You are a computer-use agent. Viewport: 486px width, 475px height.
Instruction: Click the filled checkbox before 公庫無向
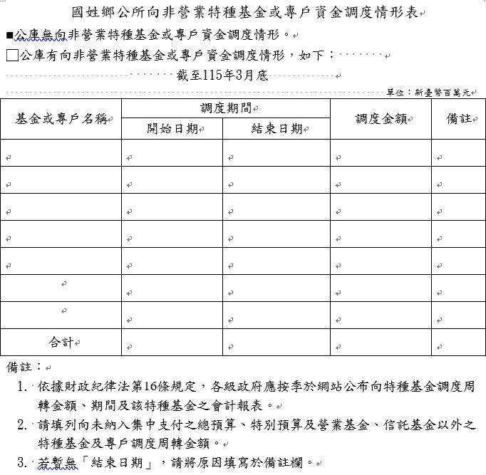click(9, 34)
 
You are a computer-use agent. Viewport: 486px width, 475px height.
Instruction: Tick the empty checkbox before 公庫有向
click(11, 55)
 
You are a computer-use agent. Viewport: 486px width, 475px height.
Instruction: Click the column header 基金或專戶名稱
click(61, 119)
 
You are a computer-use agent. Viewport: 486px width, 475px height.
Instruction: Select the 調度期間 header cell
click(225, 108)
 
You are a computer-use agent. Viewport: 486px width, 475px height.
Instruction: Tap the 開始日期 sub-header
click(172, 129)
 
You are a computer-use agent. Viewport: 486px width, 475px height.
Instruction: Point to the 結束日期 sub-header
click(276, 129)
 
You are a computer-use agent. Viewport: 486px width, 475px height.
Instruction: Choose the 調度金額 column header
click(381, 119)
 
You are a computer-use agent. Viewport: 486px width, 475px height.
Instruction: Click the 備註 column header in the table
click(459, 119)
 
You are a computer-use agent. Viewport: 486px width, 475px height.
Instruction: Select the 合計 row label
click(61, 343)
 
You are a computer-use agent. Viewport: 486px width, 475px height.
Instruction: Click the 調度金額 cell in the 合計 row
click(381, 343)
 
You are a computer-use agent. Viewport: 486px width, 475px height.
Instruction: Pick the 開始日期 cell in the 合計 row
click(172, 343)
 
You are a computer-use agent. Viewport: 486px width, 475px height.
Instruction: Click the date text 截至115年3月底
click(222, 75)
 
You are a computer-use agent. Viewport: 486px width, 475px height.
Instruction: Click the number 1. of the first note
click(24, 387)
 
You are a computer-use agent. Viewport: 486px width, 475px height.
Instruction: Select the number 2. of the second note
click(24, 425)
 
